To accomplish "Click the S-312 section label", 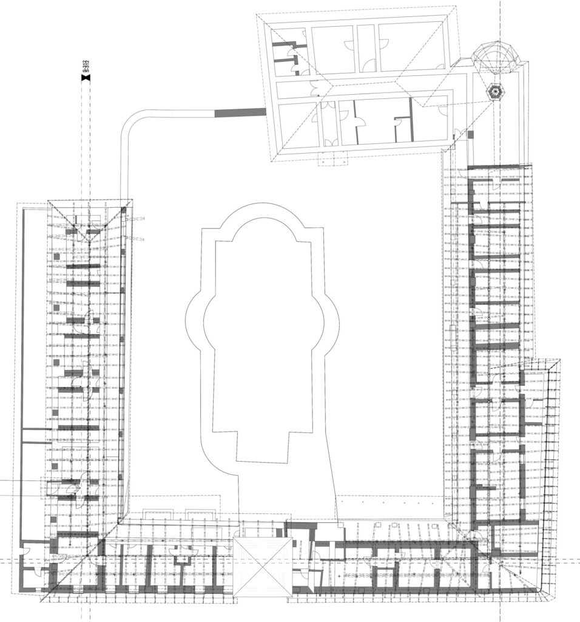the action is click(x=86, y=66).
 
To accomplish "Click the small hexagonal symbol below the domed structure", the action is click(x=494, y=92).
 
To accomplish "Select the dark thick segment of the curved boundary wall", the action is click(x=240, y=112).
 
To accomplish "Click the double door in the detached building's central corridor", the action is click(x=314, y=88).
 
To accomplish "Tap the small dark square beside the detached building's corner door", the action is click(x=471, y=135).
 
